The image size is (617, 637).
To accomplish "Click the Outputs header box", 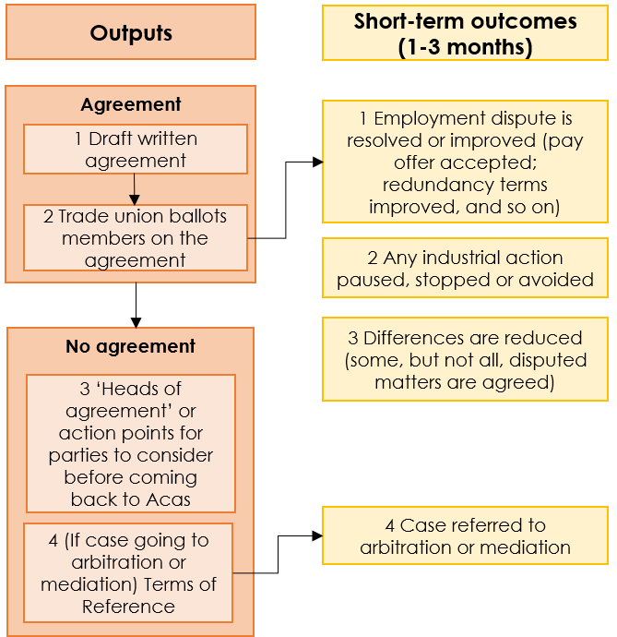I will pos(131,32).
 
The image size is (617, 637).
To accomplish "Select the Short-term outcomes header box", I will pos(465,33).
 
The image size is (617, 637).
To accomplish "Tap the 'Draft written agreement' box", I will pos(136,150).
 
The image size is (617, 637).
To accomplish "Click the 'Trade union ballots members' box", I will pos(136,238).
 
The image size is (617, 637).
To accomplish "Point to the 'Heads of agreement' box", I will pos(131,444).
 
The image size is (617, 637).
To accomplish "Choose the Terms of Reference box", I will pos(128,573).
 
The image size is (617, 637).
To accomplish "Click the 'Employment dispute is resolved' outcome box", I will pos(465,162).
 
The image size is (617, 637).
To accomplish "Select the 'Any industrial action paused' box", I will pos(465,269).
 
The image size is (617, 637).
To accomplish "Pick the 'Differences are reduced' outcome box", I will pos(465,359).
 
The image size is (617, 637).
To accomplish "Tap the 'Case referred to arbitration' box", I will pos(465,536).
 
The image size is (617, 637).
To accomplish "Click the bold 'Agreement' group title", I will pos(131,104).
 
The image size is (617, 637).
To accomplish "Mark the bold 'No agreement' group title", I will pos(131,347).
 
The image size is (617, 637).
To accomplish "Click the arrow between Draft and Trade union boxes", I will pos(135,189).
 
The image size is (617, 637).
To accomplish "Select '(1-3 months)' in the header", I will pos(465,47).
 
